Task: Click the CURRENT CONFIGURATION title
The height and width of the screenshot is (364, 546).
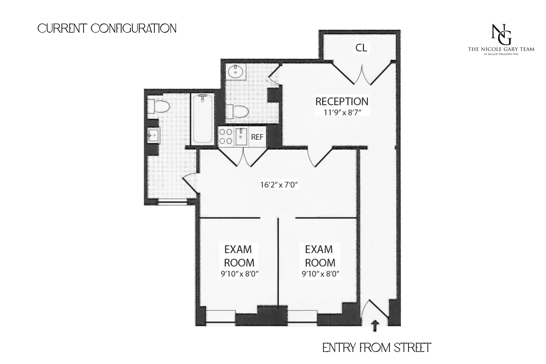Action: pyautogui.click(x=107, y=28)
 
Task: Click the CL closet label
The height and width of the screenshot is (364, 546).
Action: pyautogui.click(x=361, y=48)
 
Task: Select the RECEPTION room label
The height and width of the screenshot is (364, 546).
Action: pyautogui.click(x=342, y=101)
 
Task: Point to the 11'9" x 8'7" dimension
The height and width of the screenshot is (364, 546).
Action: pyautogui.click(x=342, y=112)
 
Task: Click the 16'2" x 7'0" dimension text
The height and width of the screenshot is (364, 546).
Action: pyautogui.click(x=279, y=185)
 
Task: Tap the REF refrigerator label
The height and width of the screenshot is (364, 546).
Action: pyautogui.click(x=257, y=137)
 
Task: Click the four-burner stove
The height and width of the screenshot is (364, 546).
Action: pyautogui.click(x=226, y=137)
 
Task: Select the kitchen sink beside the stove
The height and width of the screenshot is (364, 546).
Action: pyautogui.click(x=241, y=136)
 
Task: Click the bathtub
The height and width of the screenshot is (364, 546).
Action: pyautogui.click(x=202, y=119)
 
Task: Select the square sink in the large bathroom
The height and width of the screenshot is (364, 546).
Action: pyautogui.click(x=153, y=136)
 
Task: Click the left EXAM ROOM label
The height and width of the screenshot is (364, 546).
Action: pyautogui.click(x=239, y=256)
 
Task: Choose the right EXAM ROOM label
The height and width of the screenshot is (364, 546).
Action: pyautogui.click(x=320, y=256)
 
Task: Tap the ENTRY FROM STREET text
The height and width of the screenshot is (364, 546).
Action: pyautogui.click(x=377, y=348)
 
